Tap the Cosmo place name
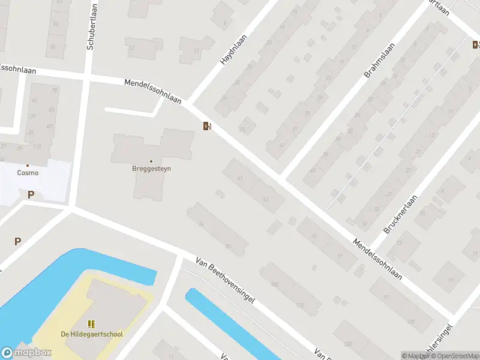click(28, 173)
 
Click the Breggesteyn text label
click(151, 169)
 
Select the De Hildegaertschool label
click(92, 334)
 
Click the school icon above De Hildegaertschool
click(92, 324)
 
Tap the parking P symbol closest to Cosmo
click(31, 194)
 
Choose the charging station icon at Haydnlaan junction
click(207, 125)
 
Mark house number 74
click(201, 224)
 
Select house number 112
click(301, 305)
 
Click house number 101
click(410, 322)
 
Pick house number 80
click(228, 246)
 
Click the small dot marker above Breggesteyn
click(151, 161)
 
